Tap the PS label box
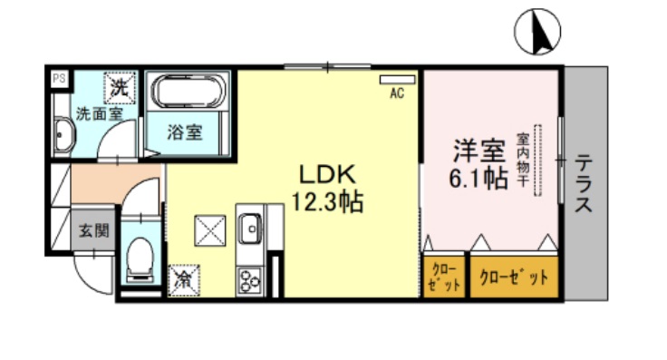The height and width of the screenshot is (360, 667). [x=58, y=79]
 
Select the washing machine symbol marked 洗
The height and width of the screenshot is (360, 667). [x=119, y=88]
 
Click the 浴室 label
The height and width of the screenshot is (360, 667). [x=186, y=132]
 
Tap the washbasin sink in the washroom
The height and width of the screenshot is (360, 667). [x=63, y=137]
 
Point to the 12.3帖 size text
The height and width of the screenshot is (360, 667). [x=327, y=202]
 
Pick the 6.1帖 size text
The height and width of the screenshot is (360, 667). [x=478, y=179]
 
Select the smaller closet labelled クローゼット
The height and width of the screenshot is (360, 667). [x=444, y=277]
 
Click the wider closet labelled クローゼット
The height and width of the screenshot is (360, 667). [x=512, y=277]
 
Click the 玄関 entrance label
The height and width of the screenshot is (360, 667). [x=92, y=230]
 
